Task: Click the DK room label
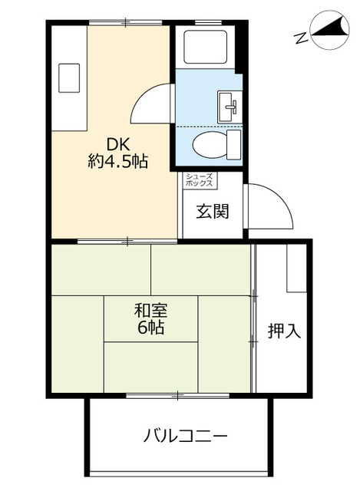pyautogui.click(x=117, y=143)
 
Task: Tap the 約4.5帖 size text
pyautogui.click(x=117, y=162)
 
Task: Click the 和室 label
pyautogui.click(x=150, y=311)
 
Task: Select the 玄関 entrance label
pyautogui.click(x=212, y=211)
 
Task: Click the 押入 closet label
pyautogui.click(x=283, y=331)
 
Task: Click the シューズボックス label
pyautogui.click(x=200, y=180)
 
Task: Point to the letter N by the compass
pyautogui.click(x=300, y=36)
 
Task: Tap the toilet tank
pyautogui.click(x=233, y=143)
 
